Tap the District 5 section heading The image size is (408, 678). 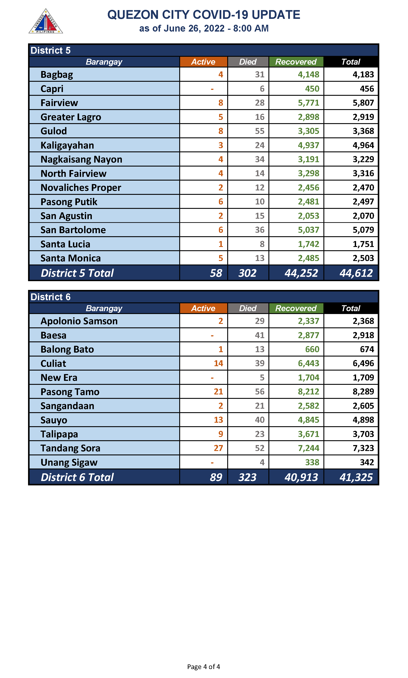point(51,51)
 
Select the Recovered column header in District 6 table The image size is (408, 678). point(296,308)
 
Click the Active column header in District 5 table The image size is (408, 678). point(203,62)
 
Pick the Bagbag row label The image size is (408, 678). point(57,75)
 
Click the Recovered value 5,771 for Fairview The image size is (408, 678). point(309,103)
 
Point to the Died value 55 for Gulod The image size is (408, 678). point(259,131)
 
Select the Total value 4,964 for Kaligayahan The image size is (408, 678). point(363,145)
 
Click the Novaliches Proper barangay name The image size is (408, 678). point(81,188)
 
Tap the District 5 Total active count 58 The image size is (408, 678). point(216,273)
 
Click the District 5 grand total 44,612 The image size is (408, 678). point(356,273)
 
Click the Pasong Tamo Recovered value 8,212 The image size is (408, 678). point(309,392)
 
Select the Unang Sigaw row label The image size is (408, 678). point(69,462)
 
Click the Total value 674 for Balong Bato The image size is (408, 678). point(367,349)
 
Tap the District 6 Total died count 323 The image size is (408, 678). point(247,477)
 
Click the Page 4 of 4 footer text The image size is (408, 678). point(203,667)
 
